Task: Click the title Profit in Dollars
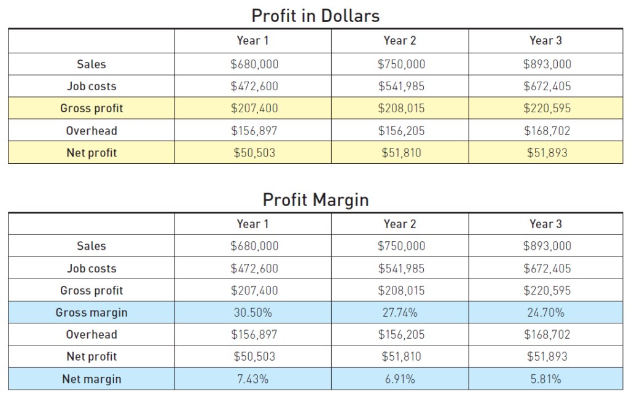pyautogui.click(x=316, y=15)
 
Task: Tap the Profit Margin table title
pyautogui.click(x=316, y=199)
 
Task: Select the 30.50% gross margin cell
pyautogui.click(x=252, y=312)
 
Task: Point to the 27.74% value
pyautogui.click(x=400, y=312)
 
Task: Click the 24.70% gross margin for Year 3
pyautogui.click(x=545, y=312)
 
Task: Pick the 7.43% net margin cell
pyautogui.click(x=252, y=379)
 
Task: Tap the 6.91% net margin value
pyautogui.click(x=400, y=379)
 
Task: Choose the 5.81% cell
pyautogui.click(x=545, y=379)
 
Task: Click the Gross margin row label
pyautogui.click(x=92, y=312)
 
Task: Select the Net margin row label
pyautogui.click(x=92, y=379)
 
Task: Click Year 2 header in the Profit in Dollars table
pyautogui.click(x=400, y=40)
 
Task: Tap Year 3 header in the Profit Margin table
pyautogui.click(x=545, y=224)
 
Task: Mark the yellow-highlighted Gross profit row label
pyautogui.click(x=92, y=108)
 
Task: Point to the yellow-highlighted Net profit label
pyautogui.click(x=92, y=153)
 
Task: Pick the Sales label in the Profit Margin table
pyautogui.click(x=92, y=246)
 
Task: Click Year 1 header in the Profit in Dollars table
pyautogui.click(x=252, y=40)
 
